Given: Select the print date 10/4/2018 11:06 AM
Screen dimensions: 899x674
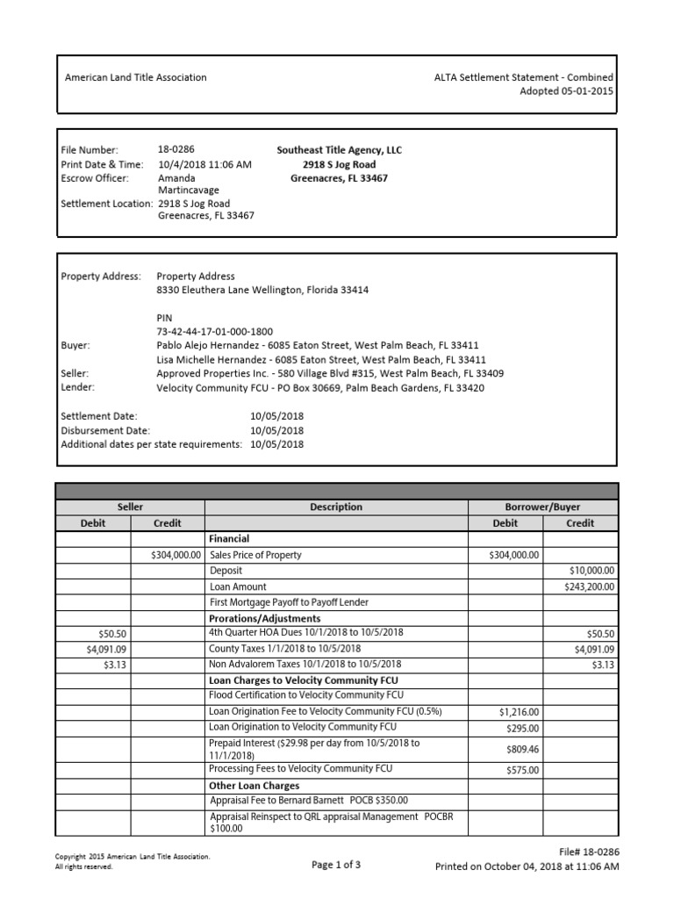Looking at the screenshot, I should (204, 164).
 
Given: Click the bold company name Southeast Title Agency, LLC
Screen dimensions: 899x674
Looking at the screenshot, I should (339, 150).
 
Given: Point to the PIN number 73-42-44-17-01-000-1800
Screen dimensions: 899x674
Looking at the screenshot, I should (214, 331).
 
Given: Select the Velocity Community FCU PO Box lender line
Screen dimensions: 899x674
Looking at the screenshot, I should (319, 387).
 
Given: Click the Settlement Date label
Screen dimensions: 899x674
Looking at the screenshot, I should (99, 416).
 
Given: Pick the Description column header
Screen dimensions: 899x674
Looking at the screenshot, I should (335, 507).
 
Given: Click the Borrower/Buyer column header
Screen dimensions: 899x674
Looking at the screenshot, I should (542, 507).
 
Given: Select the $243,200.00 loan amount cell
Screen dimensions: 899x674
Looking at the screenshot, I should (589, 586).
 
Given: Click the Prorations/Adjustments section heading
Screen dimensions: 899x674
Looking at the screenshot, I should (264, 618).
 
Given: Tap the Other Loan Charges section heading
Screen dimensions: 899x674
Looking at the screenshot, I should (254, 786).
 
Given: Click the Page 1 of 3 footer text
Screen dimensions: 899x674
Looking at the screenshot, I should (336, 865).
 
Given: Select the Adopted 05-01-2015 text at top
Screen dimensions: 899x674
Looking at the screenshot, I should (566, 91).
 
